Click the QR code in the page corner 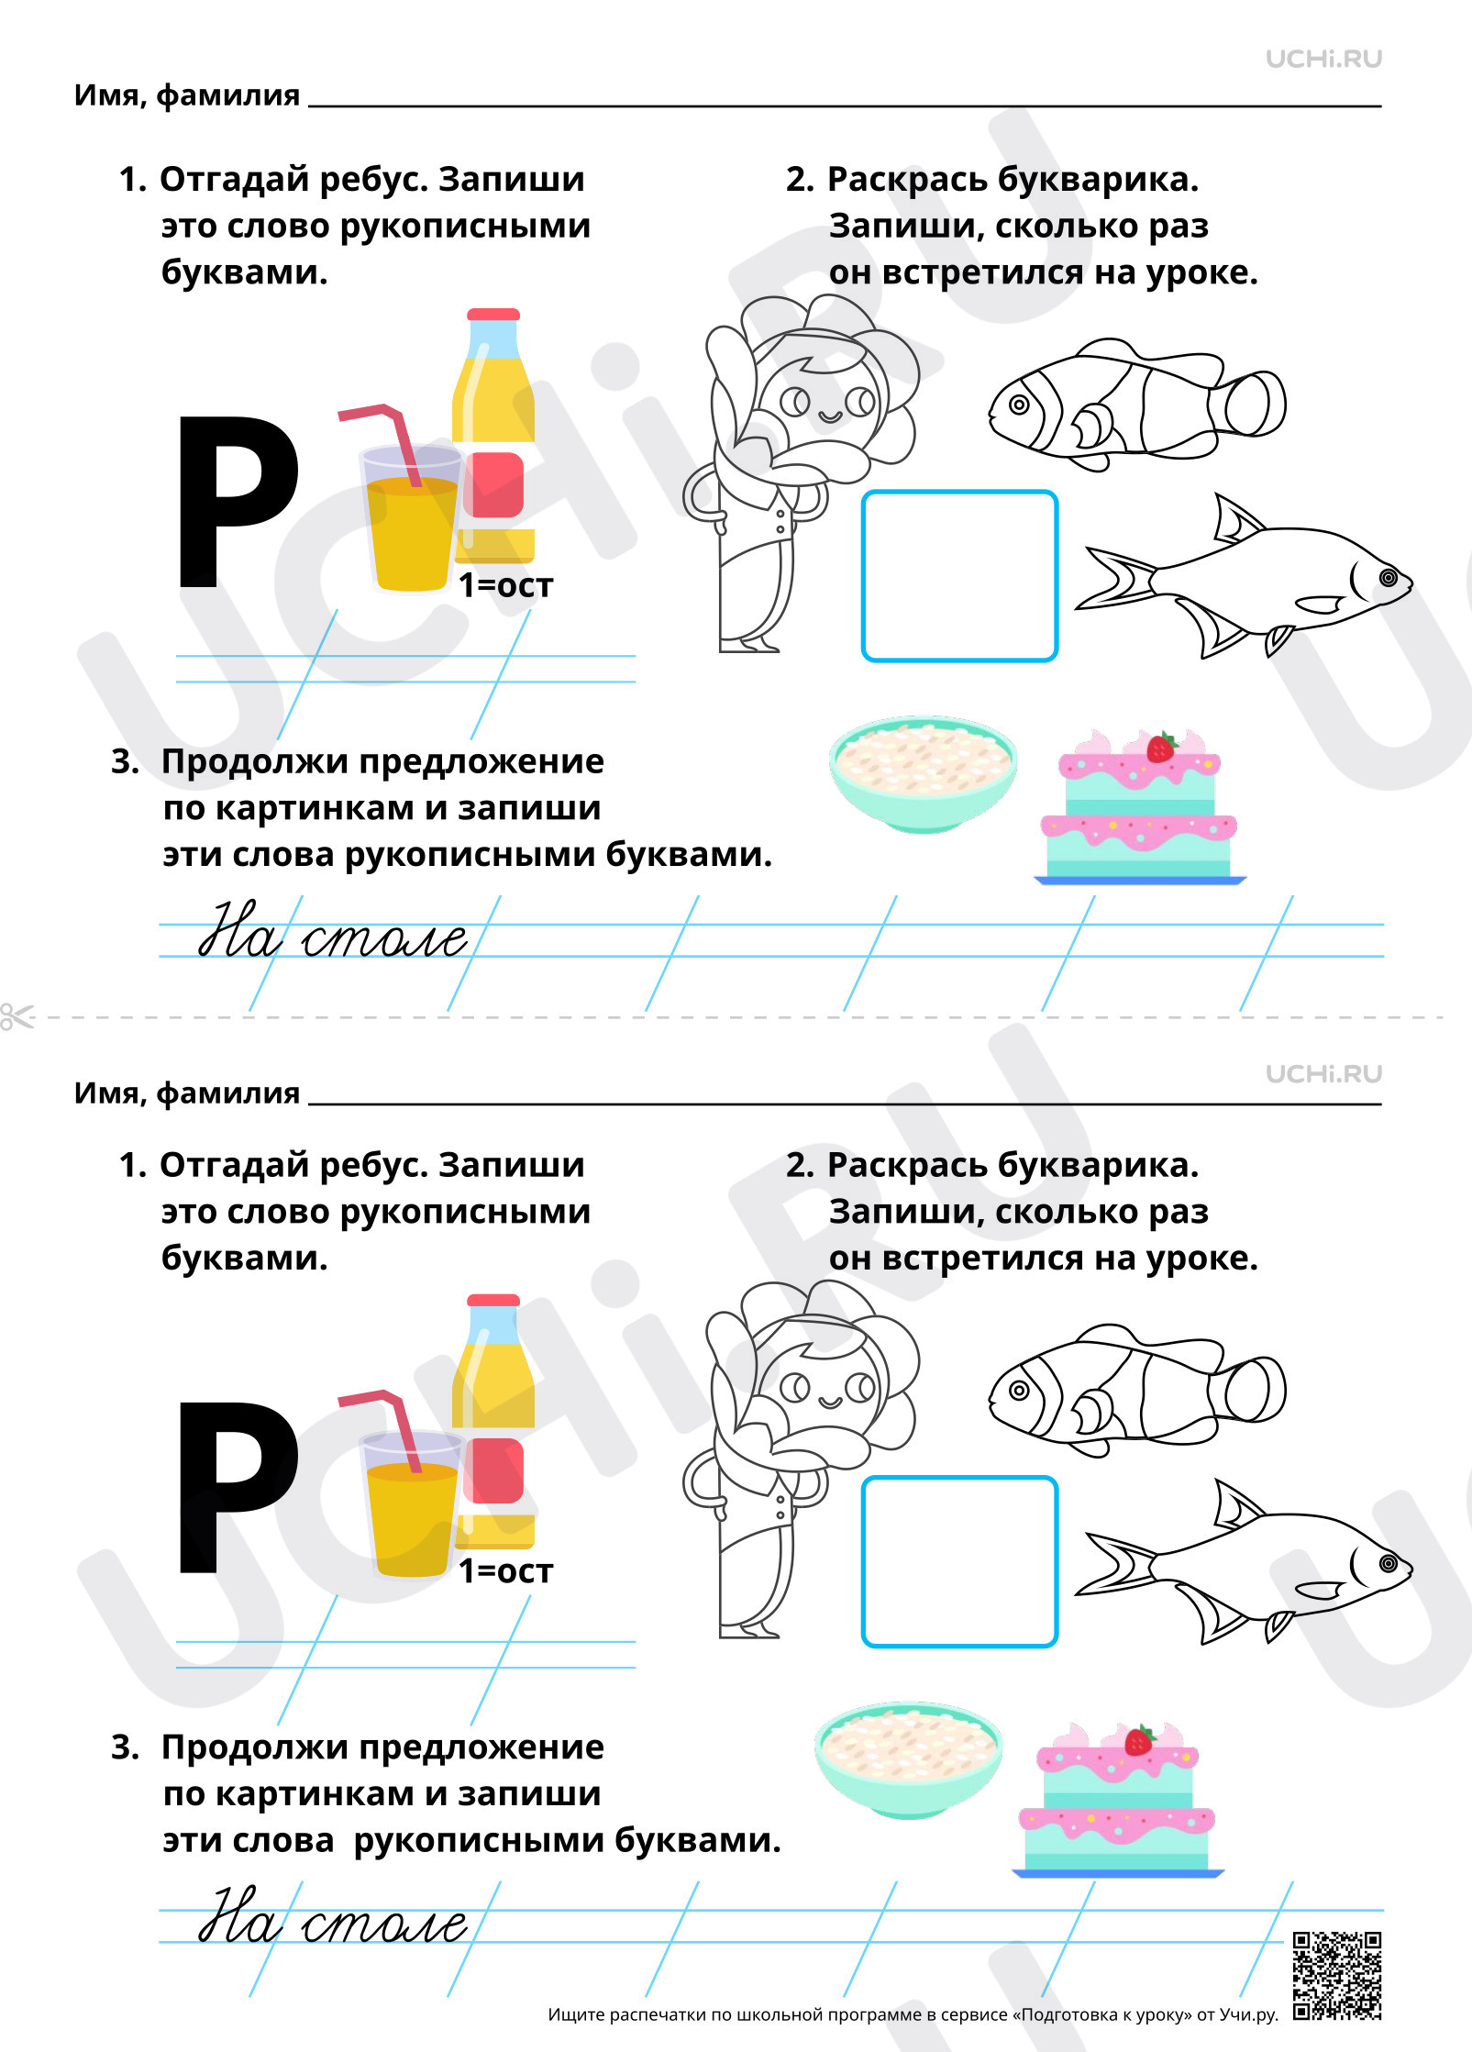(x=1337, y=1976)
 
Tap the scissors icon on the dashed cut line (x=17, y=1016)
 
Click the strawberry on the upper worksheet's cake (x=1160, y=748)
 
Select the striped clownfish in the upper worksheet (x=1137, y=405)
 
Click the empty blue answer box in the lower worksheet (x=960, y=1561)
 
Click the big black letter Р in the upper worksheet (x=237, y=501)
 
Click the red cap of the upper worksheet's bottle (x=493, y=315)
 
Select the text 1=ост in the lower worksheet (x=506, y=1570)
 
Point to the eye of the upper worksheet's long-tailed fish (x=1389, y=577)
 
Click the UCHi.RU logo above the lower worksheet (x=1323, y=1074)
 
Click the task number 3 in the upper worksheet (x=125, y=762)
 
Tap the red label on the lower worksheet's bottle (x=493, y=1470)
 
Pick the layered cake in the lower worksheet (x=1117, y=1800)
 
